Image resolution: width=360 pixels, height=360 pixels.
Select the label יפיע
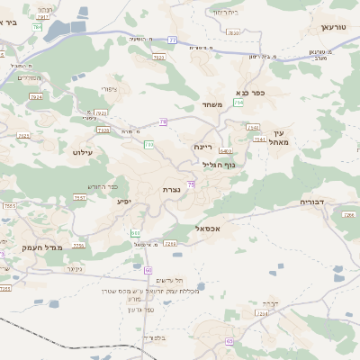[x=125, y=201]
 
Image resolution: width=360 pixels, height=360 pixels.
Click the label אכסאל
[x=208, y=229]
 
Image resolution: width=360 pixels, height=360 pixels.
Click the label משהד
[x=212, y=104]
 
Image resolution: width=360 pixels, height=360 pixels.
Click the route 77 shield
[x=172, y=40]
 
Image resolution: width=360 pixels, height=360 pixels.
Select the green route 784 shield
[x=37, y=27]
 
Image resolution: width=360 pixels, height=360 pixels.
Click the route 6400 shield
[x=225, y=151]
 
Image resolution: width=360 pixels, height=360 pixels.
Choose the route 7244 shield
[x=262, y=314]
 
